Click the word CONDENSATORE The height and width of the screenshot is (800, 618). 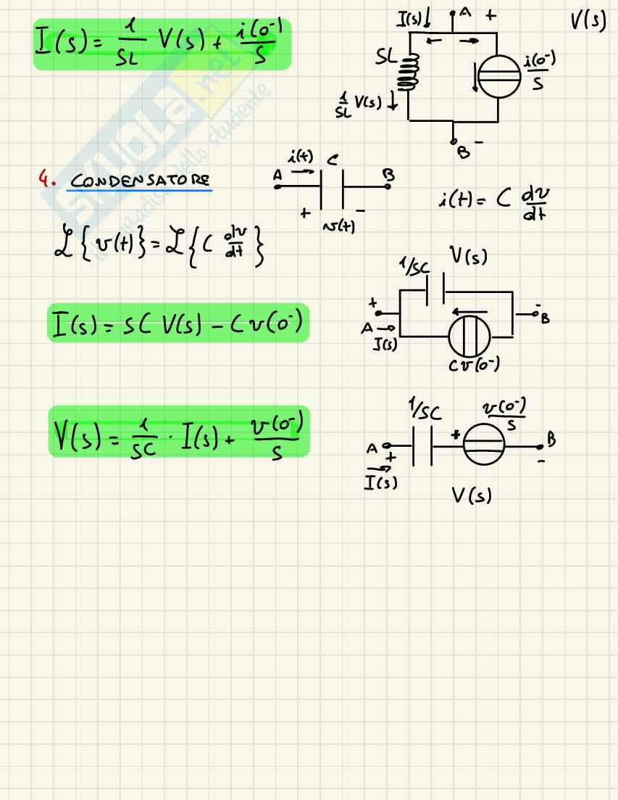pos(138,179)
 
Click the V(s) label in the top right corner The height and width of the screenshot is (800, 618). pos(588,20)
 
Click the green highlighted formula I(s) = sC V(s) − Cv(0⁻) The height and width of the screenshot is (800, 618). pos(178,323)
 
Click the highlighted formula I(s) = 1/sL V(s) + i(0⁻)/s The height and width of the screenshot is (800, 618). pos(162,44)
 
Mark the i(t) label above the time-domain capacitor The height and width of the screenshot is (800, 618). pos(300,155)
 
